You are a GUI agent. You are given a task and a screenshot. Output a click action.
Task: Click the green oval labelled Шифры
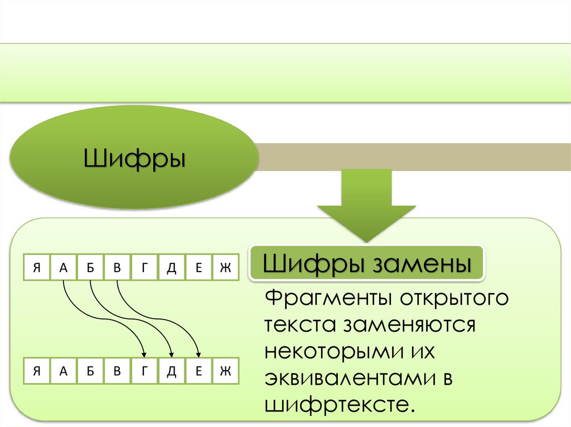134,157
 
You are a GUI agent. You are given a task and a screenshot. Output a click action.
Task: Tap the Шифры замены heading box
366,262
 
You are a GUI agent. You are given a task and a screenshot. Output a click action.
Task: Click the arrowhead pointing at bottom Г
144,354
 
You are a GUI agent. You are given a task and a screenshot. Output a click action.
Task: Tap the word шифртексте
341,405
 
